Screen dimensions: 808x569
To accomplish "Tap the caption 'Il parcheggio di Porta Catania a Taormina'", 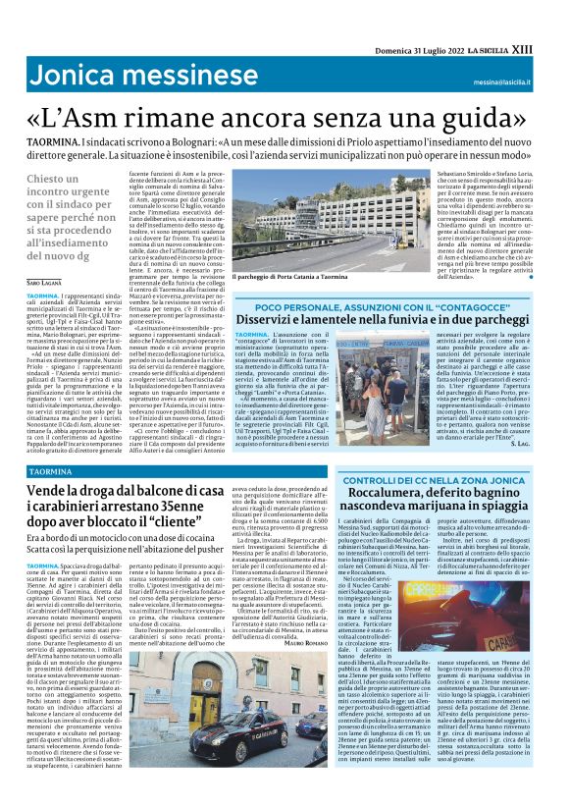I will pyautogui.click(x=292, y=278).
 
